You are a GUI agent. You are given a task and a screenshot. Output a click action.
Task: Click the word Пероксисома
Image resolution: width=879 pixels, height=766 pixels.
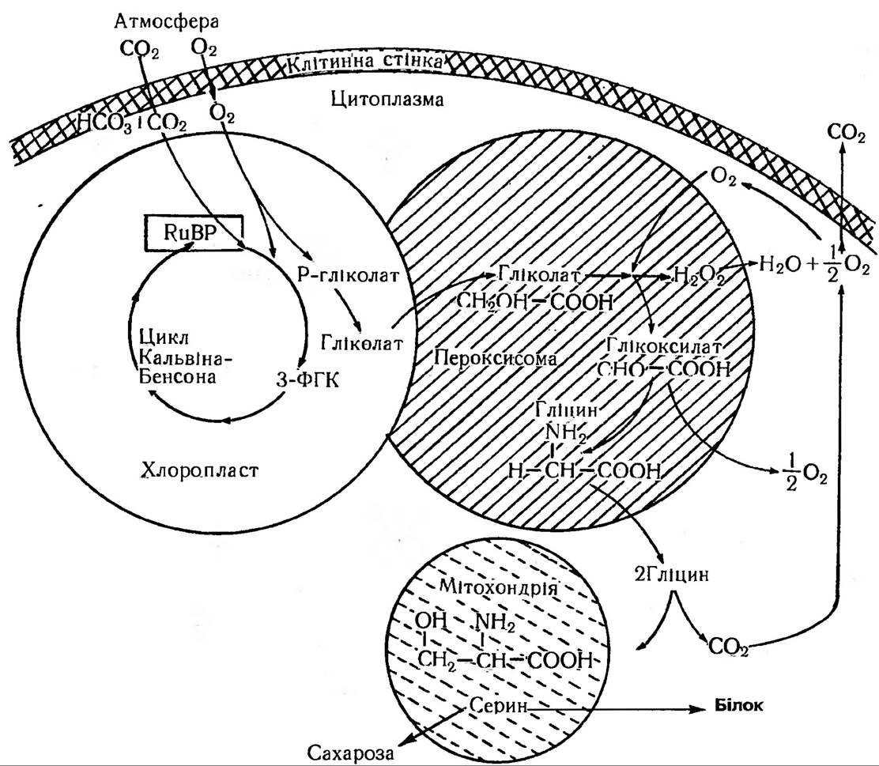[x=495, y=357]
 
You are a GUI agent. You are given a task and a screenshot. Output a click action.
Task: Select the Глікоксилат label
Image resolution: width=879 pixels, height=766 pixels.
[x=663, y=345]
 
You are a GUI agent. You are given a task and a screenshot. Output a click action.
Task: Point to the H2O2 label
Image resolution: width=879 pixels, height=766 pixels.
[x=696, y=274]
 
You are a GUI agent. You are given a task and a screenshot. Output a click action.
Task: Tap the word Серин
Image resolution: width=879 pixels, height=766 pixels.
[x=496, y=705]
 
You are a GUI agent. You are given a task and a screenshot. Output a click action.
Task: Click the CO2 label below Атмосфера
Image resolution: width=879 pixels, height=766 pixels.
[x=138, y=50]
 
